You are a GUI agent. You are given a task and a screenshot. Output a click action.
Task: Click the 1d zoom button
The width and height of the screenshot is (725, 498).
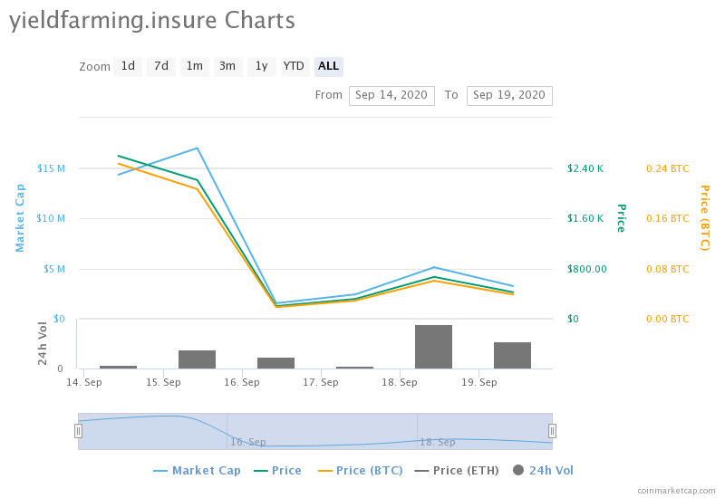tap(128, 66)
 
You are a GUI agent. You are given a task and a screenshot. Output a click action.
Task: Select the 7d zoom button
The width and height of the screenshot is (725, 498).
tap(160, 66)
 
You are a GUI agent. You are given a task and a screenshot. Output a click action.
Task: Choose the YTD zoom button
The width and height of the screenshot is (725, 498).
tap(294, 66)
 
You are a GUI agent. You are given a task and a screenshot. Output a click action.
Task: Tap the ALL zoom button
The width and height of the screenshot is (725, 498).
tap(328, 66)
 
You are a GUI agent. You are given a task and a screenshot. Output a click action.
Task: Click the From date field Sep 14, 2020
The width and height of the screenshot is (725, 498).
tap(391, 95)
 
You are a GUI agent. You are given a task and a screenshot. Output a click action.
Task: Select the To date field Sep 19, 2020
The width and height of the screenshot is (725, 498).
tap(509, 95)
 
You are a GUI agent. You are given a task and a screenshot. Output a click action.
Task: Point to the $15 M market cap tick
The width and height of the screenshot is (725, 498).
tap(51, 168)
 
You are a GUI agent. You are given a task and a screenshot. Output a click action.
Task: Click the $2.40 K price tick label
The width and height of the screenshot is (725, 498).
tap(585, 168)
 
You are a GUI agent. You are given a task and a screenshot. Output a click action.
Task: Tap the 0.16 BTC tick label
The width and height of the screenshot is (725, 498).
tap(667, 218)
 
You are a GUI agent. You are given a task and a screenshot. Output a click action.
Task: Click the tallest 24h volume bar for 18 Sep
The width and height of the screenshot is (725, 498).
tap(433, 347)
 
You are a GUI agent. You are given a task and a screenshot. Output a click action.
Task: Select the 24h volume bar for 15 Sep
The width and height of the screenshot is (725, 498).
tap(197, 359)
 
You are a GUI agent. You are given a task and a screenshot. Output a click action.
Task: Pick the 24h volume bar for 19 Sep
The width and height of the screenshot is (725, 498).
tap(512, 355)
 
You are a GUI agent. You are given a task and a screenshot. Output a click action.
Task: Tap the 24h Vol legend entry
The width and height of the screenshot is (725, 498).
tap(544, 471)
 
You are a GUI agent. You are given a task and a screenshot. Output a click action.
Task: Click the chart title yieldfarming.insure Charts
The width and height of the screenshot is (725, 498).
tap(152, 20)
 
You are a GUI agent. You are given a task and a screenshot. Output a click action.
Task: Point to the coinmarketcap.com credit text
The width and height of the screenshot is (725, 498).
tap(676, 490)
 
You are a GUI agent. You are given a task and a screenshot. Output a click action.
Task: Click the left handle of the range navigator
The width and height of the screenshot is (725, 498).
tap(78, 431)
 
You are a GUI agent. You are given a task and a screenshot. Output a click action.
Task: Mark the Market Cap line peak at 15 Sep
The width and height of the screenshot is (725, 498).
tap(198, 148)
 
